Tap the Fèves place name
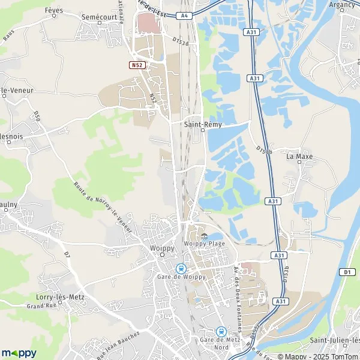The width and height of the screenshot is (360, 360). point(55,11)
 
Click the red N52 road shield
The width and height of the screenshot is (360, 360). point(136,64)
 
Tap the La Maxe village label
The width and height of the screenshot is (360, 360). point(299,157)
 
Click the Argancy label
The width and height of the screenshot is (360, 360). point(342,4)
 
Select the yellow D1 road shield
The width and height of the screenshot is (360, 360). point(348,272)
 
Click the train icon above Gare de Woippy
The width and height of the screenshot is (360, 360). point(180,268)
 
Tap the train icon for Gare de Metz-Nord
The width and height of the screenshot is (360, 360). point(221,331)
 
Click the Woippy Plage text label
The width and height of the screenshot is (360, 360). point(204,244)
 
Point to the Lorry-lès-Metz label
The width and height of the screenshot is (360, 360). point(59,297)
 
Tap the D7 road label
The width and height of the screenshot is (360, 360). point(67,256)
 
